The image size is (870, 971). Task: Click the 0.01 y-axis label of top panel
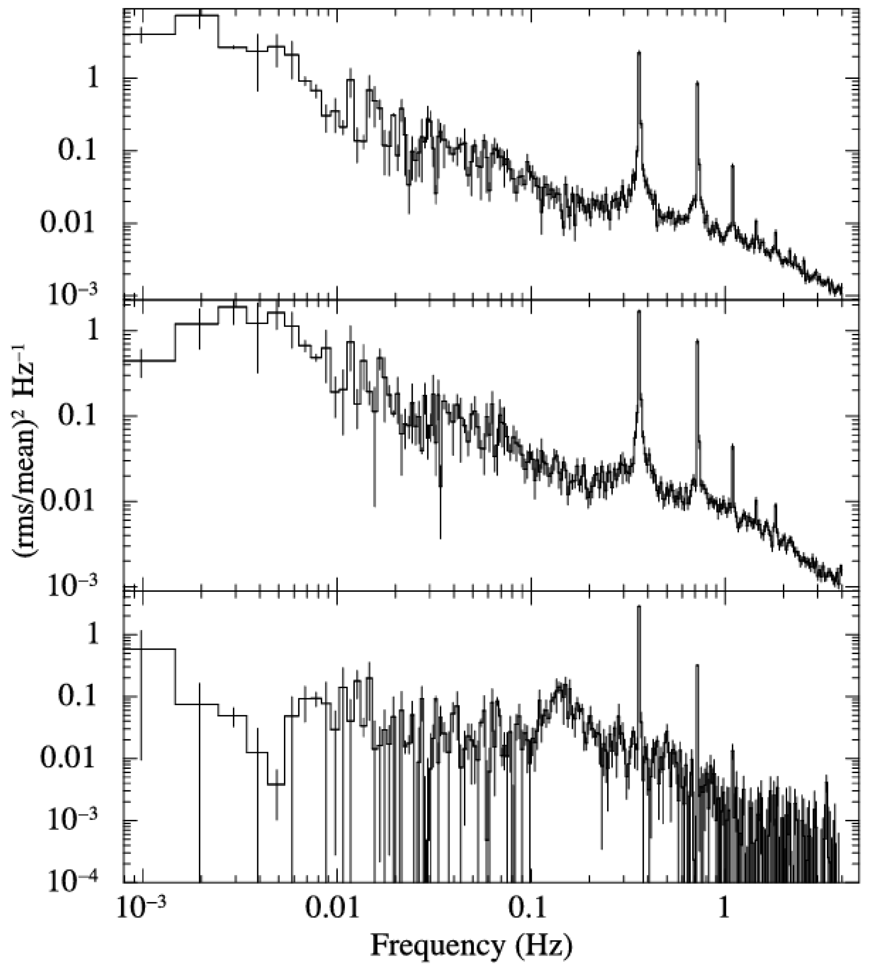coord(72,223)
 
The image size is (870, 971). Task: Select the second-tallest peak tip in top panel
coord(697,82)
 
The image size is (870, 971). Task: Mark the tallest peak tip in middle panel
coord(639,311)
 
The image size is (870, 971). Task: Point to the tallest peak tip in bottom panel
coord(639,606)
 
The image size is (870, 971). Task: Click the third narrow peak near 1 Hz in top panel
coord(732,165)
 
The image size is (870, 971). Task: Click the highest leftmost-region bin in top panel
coord(196,15)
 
